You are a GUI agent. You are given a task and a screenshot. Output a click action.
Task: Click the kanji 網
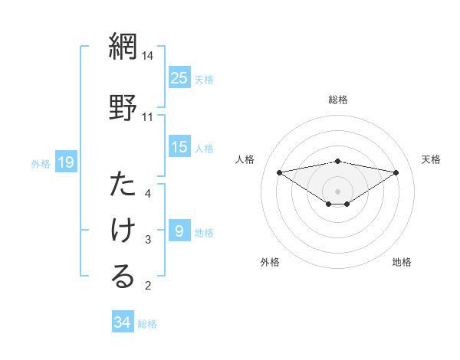click(123, 47)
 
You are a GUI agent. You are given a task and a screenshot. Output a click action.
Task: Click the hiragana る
click(123, 277)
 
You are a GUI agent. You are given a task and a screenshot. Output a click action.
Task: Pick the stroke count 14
click(148, 56)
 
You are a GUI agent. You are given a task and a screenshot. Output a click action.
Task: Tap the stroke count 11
click(148, 116)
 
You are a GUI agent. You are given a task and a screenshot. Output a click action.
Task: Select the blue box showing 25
click(179, 77)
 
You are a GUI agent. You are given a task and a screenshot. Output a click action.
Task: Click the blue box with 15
click(179, 147)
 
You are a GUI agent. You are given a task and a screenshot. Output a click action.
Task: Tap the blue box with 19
click(65, 162)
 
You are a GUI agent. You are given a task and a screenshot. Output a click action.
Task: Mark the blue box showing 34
click(122, 322)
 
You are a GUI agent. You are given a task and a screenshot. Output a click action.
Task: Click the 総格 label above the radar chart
click(338, 100)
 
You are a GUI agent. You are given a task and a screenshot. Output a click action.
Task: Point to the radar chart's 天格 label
click(432, 159)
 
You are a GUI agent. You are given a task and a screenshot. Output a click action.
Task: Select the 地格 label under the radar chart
click(402, 262)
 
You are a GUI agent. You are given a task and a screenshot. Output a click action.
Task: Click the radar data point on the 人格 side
click(280, 172)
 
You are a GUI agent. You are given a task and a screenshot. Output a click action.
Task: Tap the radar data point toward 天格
click(396, 172)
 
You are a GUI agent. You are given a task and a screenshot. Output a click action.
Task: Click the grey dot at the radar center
click(338, 191)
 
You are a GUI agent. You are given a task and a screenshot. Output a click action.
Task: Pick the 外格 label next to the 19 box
click(41, 162)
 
